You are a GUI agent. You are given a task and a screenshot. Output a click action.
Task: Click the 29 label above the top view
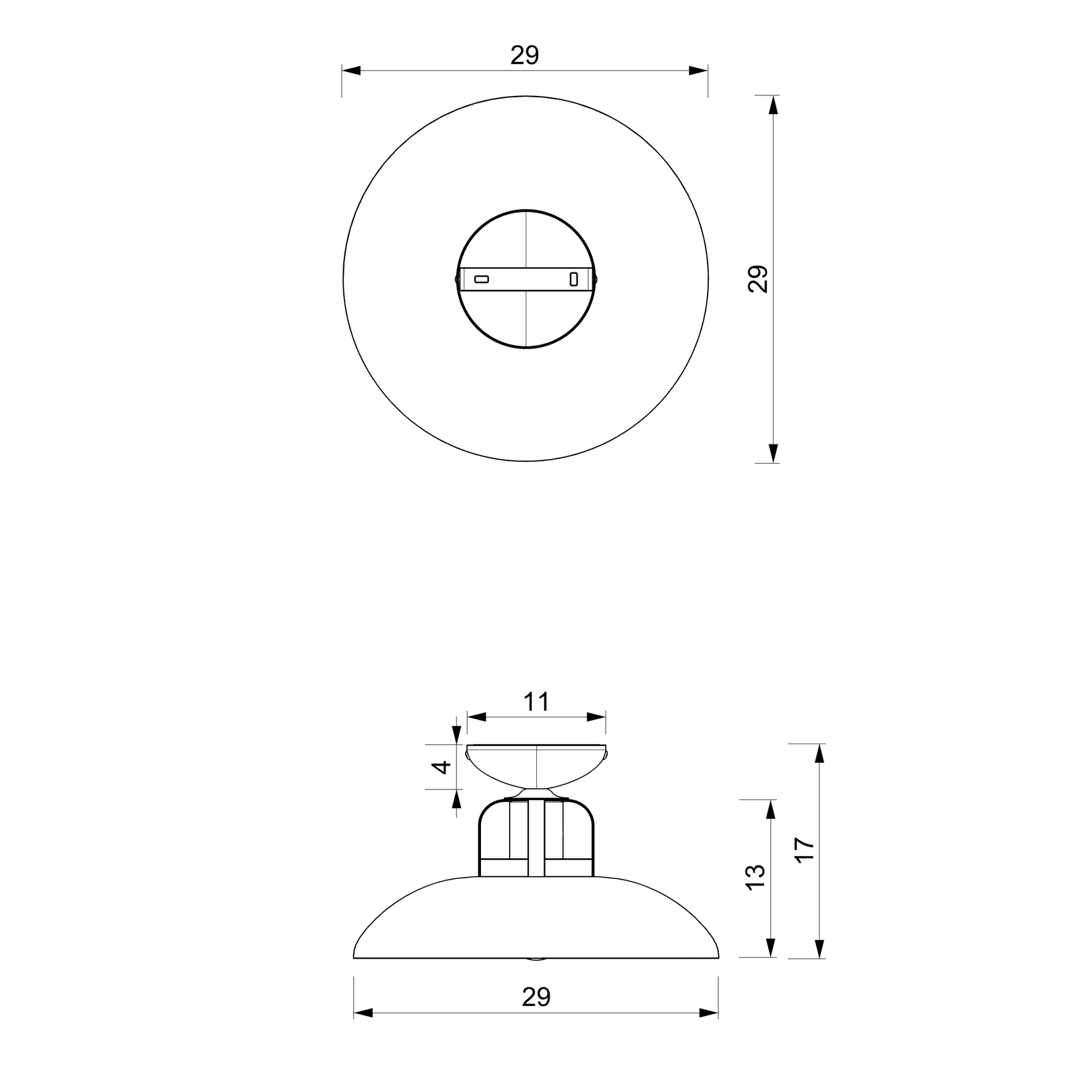(x=524, y=56)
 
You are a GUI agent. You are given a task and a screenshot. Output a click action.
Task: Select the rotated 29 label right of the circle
(x=758, y=278)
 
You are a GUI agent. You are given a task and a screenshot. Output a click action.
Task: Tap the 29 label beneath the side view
(x=536, y=997)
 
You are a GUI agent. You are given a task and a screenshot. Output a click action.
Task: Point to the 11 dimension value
(x=536, y=702)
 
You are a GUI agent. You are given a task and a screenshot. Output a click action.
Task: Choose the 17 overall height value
(x=805, y=850)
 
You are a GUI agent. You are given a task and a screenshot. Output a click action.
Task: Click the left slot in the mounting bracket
(x=481, y=279)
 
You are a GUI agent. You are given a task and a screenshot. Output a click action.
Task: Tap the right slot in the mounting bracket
(x=573, y=279)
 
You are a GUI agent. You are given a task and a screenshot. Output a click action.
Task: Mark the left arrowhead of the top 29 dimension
(x=351, y=70)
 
